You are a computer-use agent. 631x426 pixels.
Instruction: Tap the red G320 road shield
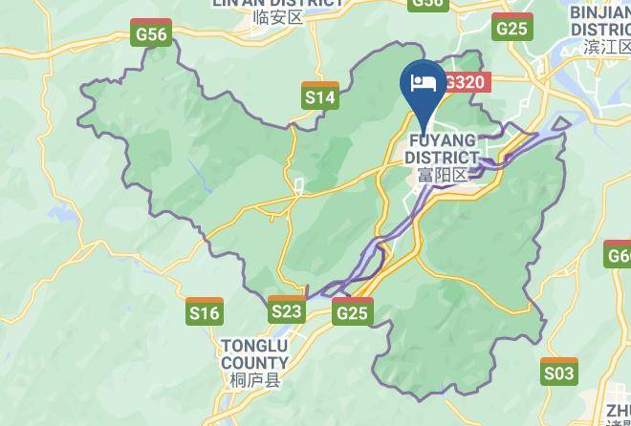click(x=466, y=82)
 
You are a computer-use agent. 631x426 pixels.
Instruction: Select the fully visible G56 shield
click(x=150, y=33)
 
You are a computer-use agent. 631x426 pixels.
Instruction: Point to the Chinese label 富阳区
click(x=442, y=175)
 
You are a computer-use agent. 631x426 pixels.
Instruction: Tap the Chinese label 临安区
click(x=277, y=17)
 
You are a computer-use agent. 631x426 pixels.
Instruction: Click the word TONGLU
click(x=254, y=346)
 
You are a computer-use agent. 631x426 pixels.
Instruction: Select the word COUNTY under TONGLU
click(x=254, y=363)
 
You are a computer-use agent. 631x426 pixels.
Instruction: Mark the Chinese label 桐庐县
click(x=254, y=381)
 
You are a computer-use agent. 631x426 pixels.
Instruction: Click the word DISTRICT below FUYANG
click(x=442, y=158)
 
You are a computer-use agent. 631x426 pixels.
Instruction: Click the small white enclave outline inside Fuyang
click(x=298, y=186)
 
